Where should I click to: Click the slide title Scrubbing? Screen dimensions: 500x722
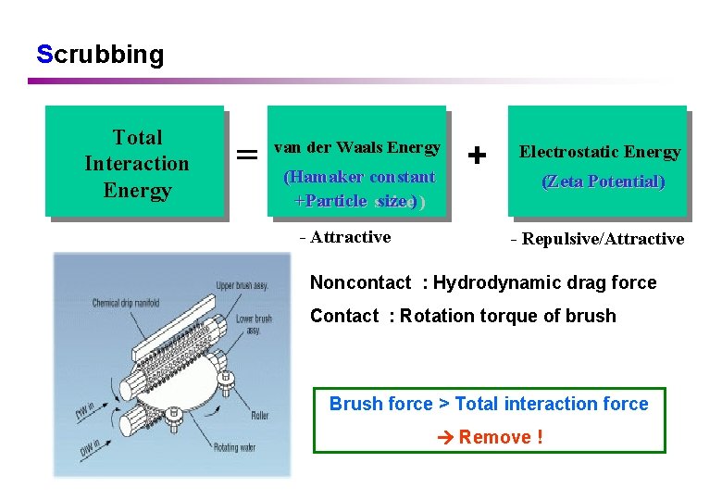tap(100, 54)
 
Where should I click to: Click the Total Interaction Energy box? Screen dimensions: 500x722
tap(136, 163)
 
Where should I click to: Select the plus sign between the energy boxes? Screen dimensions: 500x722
tap(477, 155)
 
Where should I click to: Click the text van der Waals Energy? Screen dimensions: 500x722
tap(356, 147)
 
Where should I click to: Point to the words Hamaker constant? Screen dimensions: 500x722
tap(359, 176)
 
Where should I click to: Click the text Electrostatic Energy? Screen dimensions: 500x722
tap(599, 152)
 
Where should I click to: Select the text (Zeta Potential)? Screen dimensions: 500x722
tap(603, 181)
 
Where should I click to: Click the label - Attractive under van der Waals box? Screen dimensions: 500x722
tap(345, 237)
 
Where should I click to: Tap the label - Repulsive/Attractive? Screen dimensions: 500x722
tap(597, 239)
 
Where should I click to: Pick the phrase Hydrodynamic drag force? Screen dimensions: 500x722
tap(544, 282)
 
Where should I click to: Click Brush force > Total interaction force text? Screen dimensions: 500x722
tap(489, 404)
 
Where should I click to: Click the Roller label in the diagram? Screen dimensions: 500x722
tap(260, 416)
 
